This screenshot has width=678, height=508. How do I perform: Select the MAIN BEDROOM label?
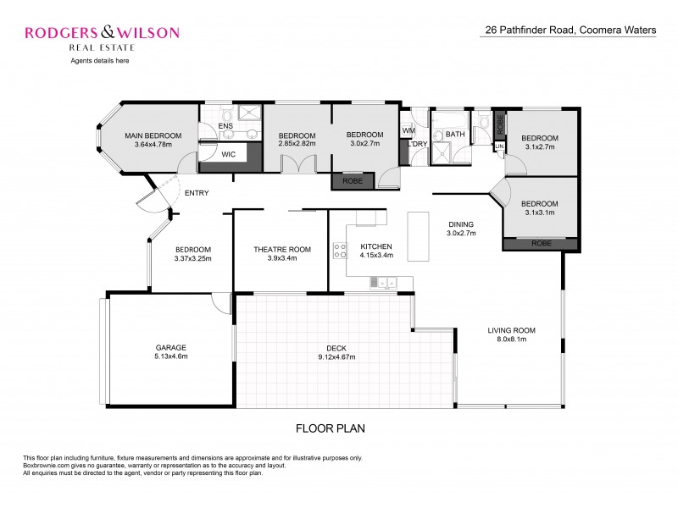153,135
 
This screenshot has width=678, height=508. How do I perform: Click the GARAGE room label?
170,347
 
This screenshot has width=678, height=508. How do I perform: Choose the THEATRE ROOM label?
282,250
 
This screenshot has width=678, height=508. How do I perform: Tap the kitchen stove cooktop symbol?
341,251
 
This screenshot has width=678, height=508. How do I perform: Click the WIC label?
228,155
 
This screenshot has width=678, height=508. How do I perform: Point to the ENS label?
225,127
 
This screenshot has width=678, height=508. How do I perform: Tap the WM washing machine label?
408,130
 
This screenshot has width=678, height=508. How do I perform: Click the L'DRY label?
416,145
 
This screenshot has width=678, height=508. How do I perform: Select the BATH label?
455,135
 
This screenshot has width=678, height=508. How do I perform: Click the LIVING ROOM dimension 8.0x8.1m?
511,340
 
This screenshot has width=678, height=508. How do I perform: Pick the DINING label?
461,224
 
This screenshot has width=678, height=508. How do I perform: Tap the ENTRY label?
197,193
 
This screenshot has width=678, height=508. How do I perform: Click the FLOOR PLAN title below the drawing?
330,428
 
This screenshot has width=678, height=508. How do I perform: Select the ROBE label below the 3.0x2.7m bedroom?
352,180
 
